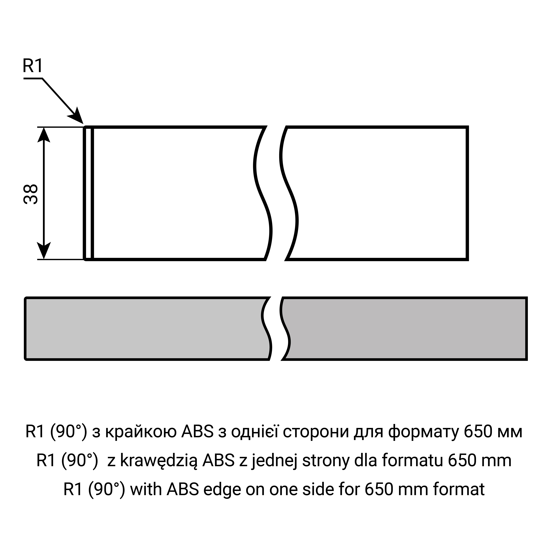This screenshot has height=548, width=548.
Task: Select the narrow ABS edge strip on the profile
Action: [x=88, y=193]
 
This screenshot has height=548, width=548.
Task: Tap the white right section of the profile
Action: [x=374, y=193]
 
